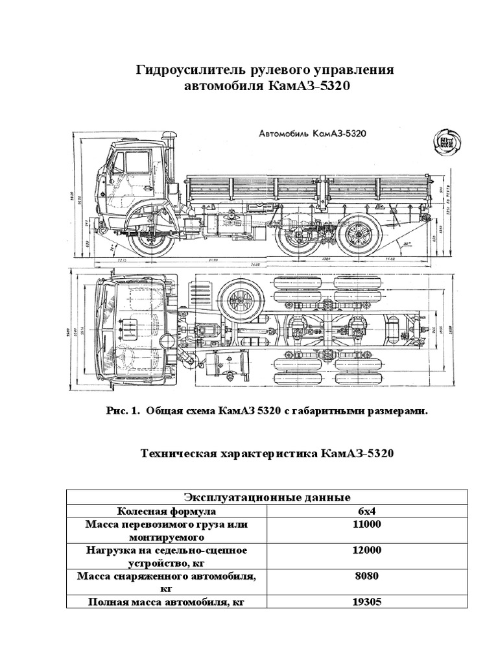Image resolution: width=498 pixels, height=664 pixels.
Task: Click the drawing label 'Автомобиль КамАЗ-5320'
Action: click(313, 133)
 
